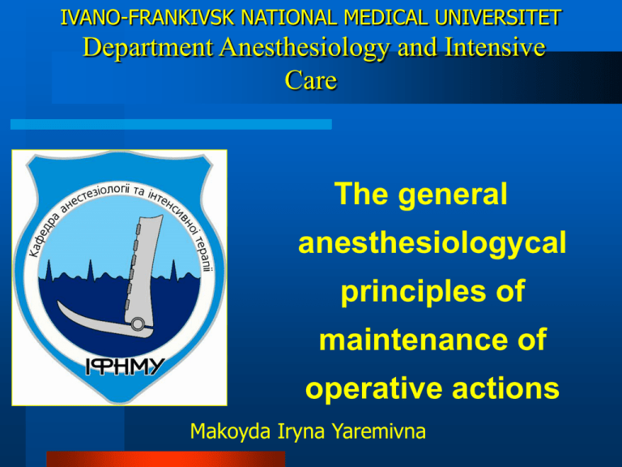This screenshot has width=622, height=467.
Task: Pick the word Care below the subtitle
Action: point(311,83)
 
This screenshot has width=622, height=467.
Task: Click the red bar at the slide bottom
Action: point(166,460)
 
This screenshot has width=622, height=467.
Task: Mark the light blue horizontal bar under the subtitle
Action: point(170,124)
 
